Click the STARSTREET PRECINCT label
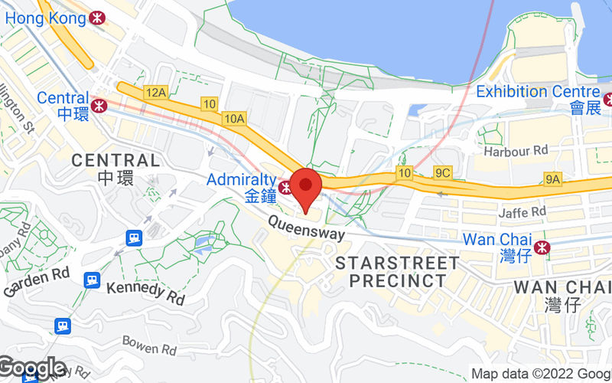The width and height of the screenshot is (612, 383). [x=399, y=272]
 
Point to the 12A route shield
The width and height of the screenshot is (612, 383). [x=156, y=93]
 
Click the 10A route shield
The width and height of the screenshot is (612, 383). [x=235, y=118]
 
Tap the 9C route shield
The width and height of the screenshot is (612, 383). [x=442, y=173]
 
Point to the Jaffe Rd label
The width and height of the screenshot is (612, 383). [x=524, y=211]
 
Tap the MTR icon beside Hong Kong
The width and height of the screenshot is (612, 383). [x=97, y=17]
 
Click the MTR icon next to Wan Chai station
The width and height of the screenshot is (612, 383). [x=542, y=247]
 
